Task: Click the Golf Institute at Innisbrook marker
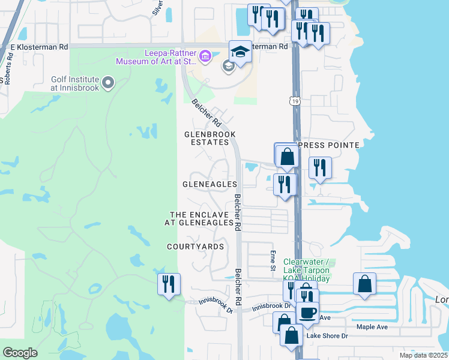[108, 82]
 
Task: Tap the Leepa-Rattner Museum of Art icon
[205, 58]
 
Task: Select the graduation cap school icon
[240, 52]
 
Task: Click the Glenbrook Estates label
[209, 138]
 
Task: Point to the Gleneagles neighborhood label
[209, 184]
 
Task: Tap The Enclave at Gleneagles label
[199, 218]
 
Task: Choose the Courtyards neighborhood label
[195, 247]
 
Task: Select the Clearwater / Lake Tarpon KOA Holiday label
[306, 270]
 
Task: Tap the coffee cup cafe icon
[308, 313]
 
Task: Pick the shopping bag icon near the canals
[365, 283]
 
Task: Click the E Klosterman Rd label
[35, 46]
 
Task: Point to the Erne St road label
[273, 260]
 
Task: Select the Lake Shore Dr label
[327, 336]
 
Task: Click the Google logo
[20, 353]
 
